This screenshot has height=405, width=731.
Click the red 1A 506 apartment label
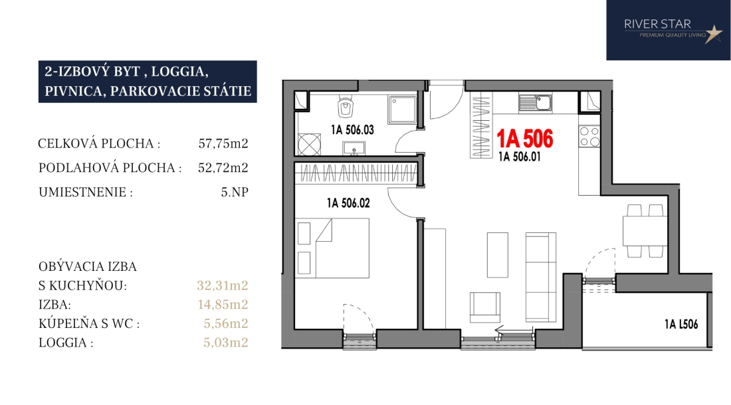pos(525,139)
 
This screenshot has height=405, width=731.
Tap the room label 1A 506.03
pos(352,130)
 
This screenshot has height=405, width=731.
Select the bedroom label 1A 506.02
pos(348,203)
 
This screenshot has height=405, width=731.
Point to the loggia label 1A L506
pos(681,324)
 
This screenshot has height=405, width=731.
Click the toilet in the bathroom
pos(346,107)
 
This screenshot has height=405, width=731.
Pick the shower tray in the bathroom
pos(402,110)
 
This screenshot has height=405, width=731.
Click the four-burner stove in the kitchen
pos(589,136)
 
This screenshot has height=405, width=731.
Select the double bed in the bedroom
pos(333,248)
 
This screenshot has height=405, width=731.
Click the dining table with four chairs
pos(645,231)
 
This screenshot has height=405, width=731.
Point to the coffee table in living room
pos(498,255)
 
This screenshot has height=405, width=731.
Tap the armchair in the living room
pos(485,307)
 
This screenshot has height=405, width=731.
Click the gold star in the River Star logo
pos(713,34)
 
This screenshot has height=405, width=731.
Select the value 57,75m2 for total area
pos(223,143)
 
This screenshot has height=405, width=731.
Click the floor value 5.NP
pos(235,192)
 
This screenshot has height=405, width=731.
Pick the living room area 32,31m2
pos(223,285)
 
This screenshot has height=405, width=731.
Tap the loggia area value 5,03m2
pos(226,343)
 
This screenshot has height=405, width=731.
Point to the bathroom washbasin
pos(354,149)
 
